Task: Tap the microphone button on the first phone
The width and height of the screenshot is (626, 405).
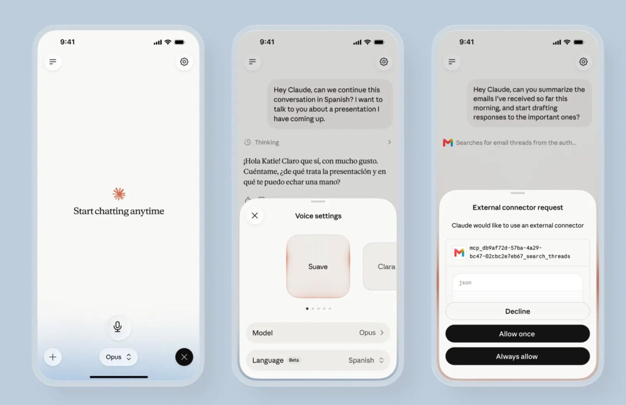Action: coord(118,326)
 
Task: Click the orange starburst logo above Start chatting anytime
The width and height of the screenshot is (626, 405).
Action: coord(119,194)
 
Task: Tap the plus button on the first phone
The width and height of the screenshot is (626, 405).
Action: coord(53,357)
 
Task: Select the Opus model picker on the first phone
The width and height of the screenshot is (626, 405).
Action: coord(119,357)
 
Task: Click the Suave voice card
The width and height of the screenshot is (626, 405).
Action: coord(318,266)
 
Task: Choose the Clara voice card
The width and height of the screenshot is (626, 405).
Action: coord(380,266)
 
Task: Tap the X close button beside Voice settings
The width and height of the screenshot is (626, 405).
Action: coord(255,215)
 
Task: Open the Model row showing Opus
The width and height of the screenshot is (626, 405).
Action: coord(318,333)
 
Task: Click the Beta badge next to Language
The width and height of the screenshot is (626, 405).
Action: coord(294,360)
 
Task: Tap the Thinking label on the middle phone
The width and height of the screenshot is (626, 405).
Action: coord(267,142)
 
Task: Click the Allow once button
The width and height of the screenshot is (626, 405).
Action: coord(517,333)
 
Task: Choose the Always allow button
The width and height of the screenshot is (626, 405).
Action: coord(517,356)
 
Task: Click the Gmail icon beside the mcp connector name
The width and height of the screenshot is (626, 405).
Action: coord(459,252)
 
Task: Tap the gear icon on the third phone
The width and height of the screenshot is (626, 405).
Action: coord(583,61)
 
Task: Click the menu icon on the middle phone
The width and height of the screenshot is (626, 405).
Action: coord(252,61)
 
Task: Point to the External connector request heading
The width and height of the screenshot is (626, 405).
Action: coord(518,208)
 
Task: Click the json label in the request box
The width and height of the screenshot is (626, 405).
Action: coord(465,282)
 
